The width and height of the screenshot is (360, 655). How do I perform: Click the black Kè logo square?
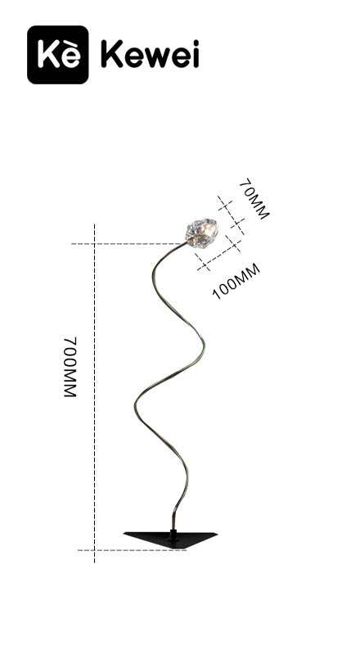pos(57,55)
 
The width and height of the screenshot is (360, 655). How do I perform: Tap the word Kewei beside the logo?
pos(150,54)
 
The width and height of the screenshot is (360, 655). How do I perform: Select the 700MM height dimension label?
pos(70,367)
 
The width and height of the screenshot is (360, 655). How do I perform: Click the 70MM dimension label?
pos(254,199)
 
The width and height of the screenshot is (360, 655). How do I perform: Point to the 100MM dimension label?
pos(236,282)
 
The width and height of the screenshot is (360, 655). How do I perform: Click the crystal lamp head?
pos(202,233)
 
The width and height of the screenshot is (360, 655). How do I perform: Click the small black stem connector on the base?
pos(173,534)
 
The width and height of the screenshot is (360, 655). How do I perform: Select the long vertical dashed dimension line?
pos(94,393)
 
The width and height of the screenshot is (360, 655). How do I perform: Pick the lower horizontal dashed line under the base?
pos(132,550)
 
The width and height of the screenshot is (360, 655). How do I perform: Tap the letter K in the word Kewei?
pos(111,54)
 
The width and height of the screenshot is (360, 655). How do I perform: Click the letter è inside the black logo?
pos(70,56)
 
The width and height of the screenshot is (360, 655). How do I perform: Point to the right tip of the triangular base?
pos(217,534)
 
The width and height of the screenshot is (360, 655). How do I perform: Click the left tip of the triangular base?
pos(124,533)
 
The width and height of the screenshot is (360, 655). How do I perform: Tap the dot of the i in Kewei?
pos(195,43)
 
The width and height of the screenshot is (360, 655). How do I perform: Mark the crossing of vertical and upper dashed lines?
pos(94,243)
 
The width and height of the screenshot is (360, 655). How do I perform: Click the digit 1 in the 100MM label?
pos(215,294)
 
